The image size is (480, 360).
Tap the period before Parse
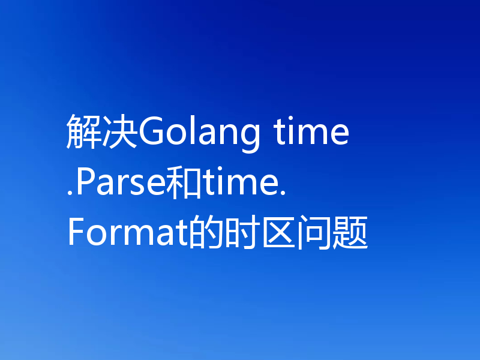(71, 193)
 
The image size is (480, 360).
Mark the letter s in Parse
(138, 186)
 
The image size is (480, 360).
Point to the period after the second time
(281, 193)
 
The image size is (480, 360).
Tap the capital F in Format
(76, 233)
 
